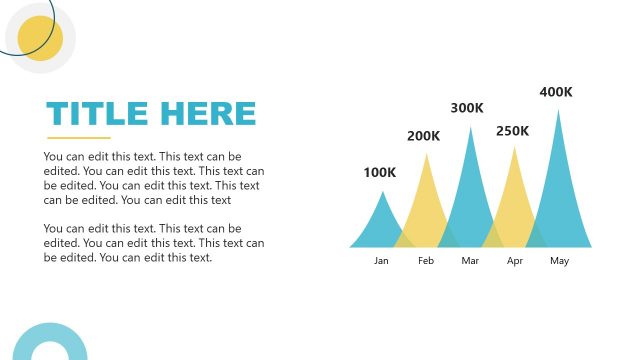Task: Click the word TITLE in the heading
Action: [x=96, y=114]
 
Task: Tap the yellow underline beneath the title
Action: [x=78, y=138]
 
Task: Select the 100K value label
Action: [x=379, y=172]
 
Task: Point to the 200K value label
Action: [x=423, y=136]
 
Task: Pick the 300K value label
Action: [x=467, y=108]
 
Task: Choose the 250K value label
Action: [x=512, y=131]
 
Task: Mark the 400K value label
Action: [x=556, y=92]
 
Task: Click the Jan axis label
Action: [x=381, y=261]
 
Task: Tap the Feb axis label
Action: [x=426, y=261]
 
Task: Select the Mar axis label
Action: [x=471, y=261]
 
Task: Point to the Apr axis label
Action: [x=515, y=261]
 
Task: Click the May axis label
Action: [x=559, y=261]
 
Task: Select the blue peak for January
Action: [x=380, y=225]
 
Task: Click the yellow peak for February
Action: [x=427, y=205]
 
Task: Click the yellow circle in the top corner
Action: [x=40, y=38]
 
